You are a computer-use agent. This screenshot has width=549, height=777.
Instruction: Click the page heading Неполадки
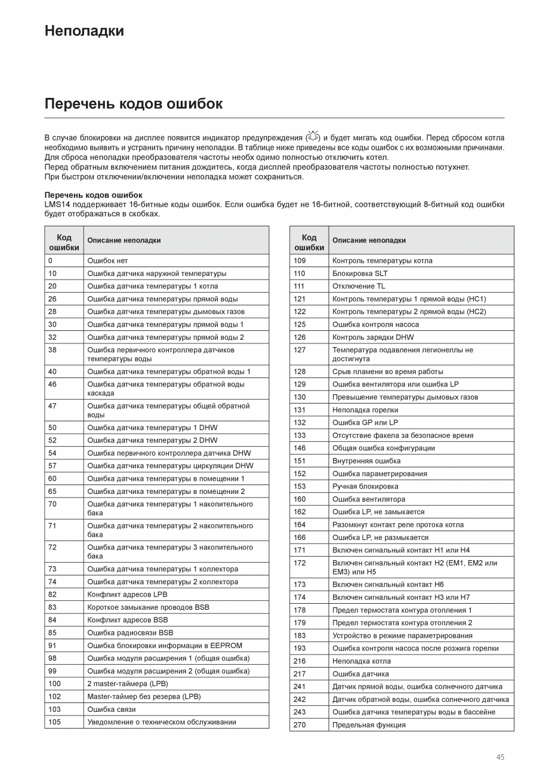[x=84, y=31]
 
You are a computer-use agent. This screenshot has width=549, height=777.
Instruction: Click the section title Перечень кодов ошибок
[x=133, y=104]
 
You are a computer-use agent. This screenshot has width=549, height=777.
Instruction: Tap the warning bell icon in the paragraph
[x=313, y=137]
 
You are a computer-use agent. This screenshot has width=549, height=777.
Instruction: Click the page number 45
[x=500, y=757]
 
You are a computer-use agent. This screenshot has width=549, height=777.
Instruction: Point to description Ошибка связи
[x=112, y=710]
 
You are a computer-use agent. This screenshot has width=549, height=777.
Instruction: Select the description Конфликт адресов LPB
[x=127, y=594]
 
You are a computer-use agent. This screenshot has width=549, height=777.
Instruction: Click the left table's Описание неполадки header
[x=124, y=240]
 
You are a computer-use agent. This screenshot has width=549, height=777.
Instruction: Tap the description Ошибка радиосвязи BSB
[x=130, y=632]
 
